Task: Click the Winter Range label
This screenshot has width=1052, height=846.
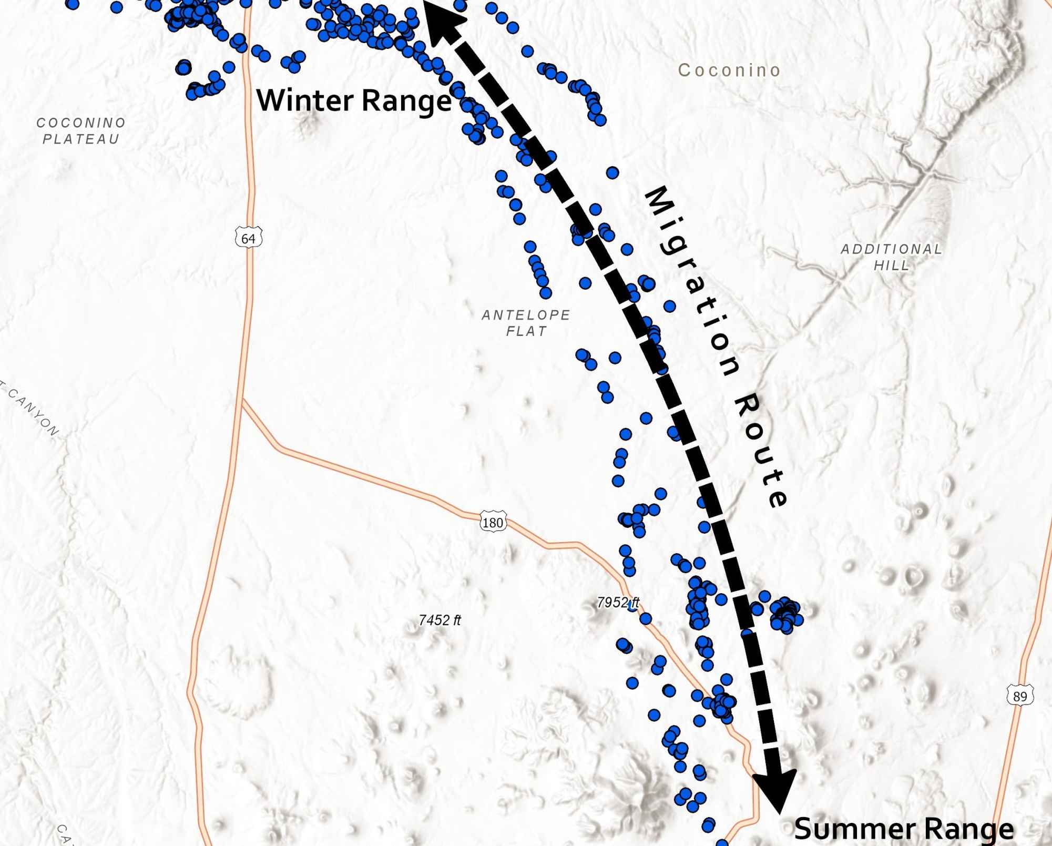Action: click(353, 100)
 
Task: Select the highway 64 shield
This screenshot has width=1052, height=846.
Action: click(248, 238)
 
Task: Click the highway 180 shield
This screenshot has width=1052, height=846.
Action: click(493, 522)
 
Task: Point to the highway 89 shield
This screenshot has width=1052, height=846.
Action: click(1019, 696)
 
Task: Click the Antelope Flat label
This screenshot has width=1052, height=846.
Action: click(526, 323)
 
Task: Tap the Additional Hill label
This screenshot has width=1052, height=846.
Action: click(892, 257)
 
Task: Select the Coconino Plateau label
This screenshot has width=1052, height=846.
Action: click(81, 130)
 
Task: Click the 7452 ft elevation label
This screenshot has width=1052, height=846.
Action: click(440, 620)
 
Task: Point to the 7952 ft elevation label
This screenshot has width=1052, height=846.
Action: click(618, 602)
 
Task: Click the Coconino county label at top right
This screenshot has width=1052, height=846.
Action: click(729, 70)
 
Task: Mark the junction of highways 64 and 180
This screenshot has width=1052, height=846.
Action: click(241, 400)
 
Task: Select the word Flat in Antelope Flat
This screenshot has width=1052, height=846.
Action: click(526, 331)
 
